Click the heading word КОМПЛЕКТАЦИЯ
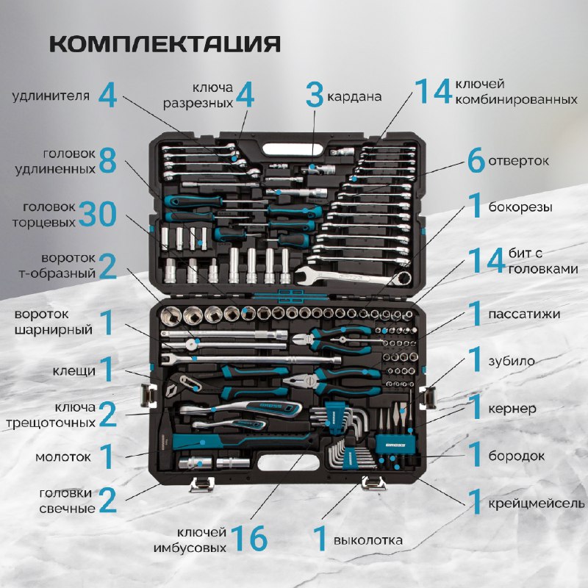165,44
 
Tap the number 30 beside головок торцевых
98,214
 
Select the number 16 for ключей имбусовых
249,538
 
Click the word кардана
354,96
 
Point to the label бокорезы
520,207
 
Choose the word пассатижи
524,315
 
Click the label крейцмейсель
536,503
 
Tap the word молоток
63,456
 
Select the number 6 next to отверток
476,160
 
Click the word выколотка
368,540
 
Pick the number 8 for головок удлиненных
107,161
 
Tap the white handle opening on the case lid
293,150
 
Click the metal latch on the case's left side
148,395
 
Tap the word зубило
511,361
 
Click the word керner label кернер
512,409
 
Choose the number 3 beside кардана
315,95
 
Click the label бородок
517,456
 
